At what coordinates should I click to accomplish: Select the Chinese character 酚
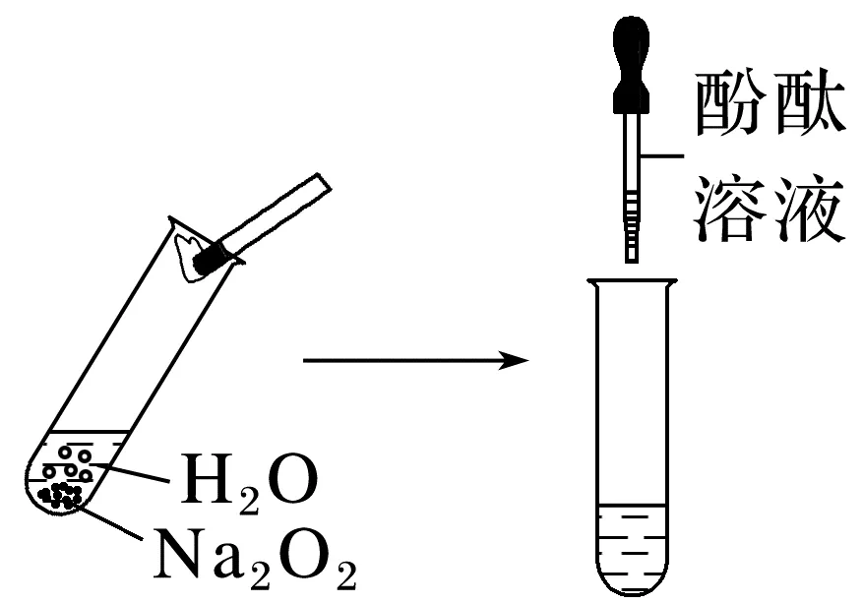[731, 106]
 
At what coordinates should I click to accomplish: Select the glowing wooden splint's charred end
[210, 259]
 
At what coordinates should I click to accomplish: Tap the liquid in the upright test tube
[631, 536]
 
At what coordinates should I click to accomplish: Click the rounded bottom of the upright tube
[631, 586]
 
